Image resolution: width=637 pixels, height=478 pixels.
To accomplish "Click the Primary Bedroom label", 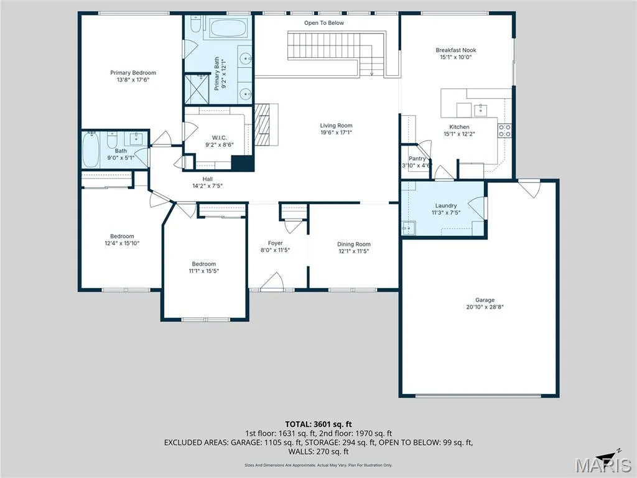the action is pyautogui.click(x=133, y=73).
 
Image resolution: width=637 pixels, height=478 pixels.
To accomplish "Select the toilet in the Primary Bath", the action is pyautogui.click(x=196, y=24).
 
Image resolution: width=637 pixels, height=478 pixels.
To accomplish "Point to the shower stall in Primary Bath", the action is pyautogui.click(x=197, y=88).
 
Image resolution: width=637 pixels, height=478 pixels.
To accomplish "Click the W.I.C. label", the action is pyautogui.click(x=220, y=138).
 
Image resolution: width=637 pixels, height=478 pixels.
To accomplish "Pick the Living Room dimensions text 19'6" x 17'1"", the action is pyautogui.click(x=336, y=133).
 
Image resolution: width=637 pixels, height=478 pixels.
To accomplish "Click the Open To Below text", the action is pyautogui.click(x=323, y=23).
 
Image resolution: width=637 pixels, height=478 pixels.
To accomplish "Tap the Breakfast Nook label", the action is pyautogui.click(x=456, y=50).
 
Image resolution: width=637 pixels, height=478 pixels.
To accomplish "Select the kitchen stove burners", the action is pyautogui.click(x=504, y=131).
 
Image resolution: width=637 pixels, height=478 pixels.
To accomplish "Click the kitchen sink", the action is pyautogui.click(x=481, y=110).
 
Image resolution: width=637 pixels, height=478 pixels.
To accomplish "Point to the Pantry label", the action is pyautogui.click(x=417, y=159).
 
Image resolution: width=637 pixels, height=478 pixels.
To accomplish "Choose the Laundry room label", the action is pyautogui.click(x=446, y=205).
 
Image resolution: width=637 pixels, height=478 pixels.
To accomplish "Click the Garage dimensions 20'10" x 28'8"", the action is pyautogui.click(x=485, y=307).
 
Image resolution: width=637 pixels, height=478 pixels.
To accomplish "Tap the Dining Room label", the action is pyautogui.click(x=354, y=244).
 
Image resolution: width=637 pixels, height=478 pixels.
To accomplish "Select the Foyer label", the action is pyautogui.click(x=275, y=243).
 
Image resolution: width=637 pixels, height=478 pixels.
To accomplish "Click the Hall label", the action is pyautogui.click(x=208, y=179).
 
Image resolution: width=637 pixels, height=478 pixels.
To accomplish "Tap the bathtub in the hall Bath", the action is pyautogui.click(x=91, y=149).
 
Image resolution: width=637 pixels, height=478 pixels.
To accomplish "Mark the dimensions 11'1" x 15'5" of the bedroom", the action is pyautogui.click(x=204, y=271).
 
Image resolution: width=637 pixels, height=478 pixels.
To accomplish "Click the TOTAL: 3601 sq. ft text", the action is pyautogui.click(x=318, y=424).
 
